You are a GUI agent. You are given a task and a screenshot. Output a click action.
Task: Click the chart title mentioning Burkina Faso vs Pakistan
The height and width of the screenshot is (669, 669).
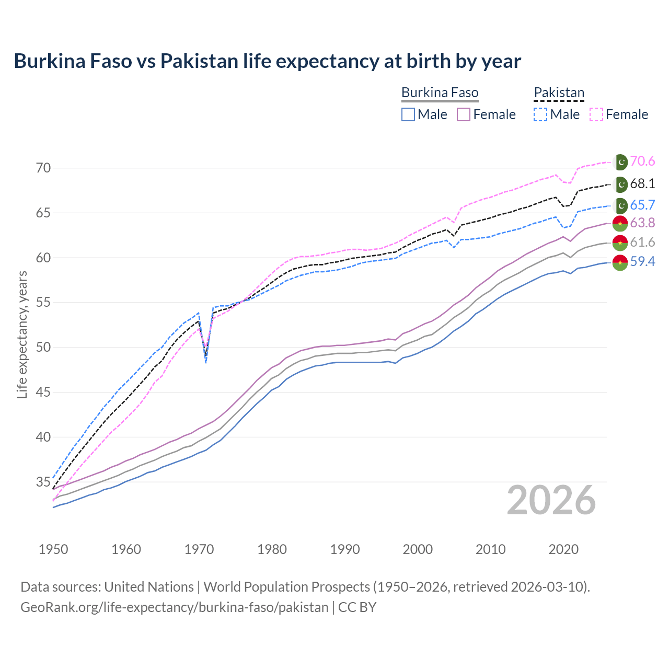(267, 61)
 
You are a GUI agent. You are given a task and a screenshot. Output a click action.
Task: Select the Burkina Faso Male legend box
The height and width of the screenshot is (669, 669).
(408, 114)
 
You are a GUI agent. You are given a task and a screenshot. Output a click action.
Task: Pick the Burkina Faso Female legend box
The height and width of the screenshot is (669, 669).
(464, 114)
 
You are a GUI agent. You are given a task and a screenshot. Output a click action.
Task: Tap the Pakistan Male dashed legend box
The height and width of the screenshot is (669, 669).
(540, 114)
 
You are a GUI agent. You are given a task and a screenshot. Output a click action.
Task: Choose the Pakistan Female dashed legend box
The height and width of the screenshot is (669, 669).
(596, 114)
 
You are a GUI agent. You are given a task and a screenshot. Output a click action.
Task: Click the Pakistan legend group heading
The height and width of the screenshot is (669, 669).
(559, 93)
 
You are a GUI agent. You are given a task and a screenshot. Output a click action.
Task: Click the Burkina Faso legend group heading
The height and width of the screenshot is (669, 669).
(440, 93)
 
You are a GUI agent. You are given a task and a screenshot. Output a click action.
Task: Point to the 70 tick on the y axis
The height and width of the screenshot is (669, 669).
(43, 168)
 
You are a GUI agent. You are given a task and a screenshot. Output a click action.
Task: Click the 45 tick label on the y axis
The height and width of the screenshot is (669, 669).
(43, 392)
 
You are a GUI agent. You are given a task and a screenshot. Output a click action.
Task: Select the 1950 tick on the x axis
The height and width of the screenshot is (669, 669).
(53, 549)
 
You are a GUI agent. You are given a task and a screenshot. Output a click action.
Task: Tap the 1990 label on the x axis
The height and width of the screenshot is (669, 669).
(345, 549)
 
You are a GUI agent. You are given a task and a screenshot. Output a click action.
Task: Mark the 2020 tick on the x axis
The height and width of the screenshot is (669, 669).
(563, 549)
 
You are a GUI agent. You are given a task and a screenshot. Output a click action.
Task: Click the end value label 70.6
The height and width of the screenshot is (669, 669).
(642, 162)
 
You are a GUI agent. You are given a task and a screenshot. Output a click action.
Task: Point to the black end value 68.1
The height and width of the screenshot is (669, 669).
(642, 184)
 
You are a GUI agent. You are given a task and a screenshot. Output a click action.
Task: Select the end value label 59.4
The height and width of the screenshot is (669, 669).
(642, 262)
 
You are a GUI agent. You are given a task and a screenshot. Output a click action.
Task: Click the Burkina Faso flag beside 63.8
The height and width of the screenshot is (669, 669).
(620, 223)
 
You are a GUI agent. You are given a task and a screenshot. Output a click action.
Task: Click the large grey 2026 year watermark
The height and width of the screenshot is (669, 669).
(551, 500)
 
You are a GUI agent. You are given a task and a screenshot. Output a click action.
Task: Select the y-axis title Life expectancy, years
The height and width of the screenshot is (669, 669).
(22, 334)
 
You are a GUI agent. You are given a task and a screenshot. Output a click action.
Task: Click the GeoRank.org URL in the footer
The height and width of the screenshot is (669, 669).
(174, 607)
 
